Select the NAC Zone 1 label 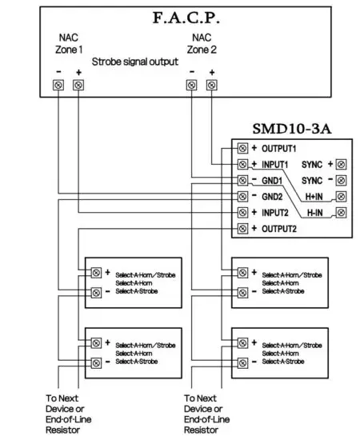point(68,44)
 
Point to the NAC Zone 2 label point(201,44)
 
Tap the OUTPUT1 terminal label point(278,148)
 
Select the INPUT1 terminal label point(275,164)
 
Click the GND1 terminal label point(274,180)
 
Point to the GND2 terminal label point(274,196)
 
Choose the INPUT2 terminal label point(275,212)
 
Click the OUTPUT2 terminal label point(278,229)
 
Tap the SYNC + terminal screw point(342,164)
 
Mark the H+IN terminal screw point(342,196)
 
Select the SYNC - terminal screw point(342,180)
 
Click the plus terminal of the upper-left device point(95,273)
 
